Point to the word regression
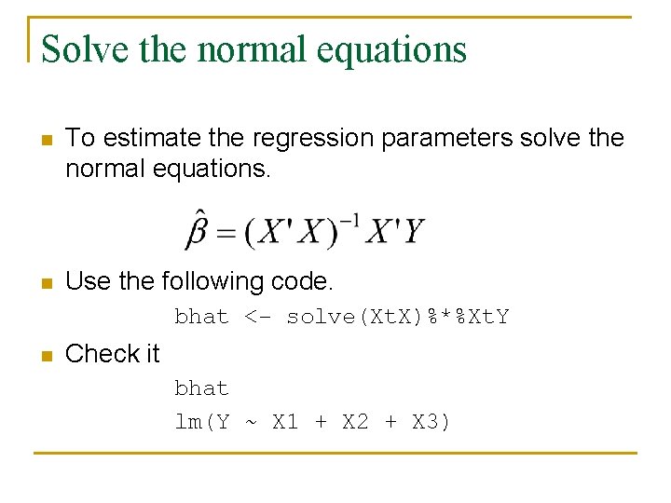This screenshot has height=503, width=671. (288, 138)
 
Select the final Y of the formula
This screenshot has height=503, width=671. (414, 230)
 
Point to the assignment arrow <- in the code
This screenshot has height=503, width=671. (258, 317)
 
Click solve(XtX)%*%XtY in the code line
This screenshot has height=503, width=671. (398, 317)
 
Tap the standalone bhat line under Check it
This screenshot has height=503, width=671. (201, 387)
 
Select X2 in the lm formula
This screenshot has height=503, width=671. (355, 422)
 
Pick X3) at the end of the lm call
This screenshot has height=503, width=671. (431, 422)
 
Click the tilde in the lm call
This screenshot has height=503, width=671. (251, 422)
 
